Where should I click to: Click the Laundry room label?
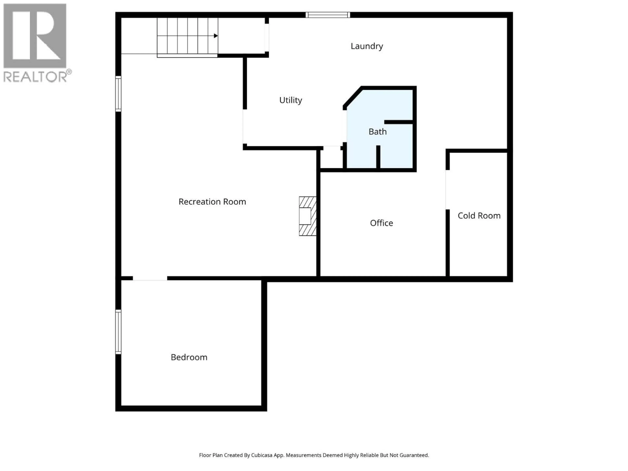(366, 46)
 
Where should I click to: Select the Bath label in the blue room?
(377, 131)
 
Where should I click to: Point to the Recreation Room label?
(212, 202)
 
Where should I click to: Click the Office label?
(381, 223)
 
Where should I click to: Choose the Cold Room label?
(479, 216)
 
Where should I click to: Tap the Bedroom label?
(189, 357)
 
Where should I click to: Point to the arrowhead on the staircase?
(216, 36)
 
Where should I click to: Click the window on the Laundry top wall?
(328, 15)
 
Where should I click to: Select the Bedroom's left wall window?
(118, 332)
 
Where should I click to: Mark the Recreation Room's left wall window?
(118, 94)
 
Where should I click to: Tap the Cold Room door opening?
(447, 190)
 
